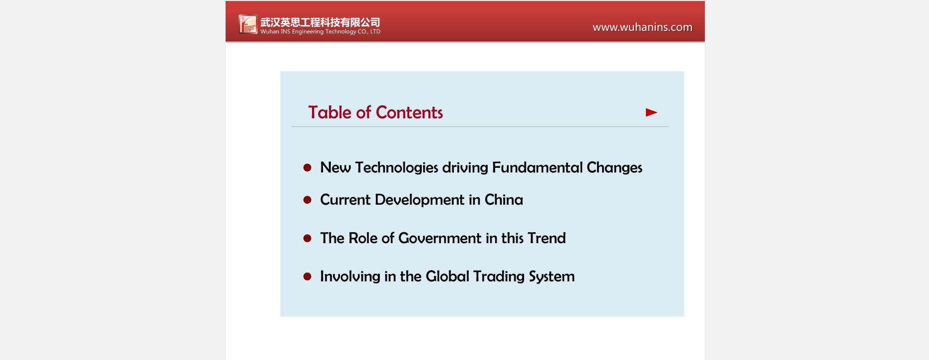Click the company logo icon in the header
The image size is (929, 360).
click(x=248, y=24)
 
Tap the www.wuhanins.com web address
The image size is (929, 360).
click(x=642, y=27)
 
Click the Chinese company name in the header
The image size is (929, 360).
click(x=320, y=22)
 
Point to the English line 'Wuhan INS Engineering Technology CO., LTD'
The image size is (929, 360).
click(x=320, y=31)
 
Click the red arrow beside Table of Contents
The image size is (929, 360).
click(x=651, y=112)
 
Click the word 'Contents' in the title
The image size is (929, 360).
click(x=409, y=112)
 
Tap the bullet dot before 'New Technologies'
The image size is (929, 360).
click(x=308, y=168)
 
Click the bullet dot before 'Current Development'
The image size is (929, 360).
click(x=308, y=200)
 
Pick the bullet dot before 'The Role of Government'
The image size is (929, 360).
click(x=308, y=239)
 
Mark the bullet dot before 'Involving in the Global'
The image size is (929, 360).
click(x=308, y=277)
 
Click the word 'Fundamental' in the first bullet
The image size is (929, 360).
click(x=537, y=167)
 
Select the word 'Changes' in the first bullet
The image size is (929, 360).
click(x=615, y=167)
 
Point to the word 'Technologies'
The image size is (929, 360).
click(x=396, y=168)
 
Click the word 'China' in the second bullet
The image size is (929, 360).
click(x=504, y=200)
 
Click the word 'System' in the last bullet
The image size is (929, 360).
click(x=552, y=277)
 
